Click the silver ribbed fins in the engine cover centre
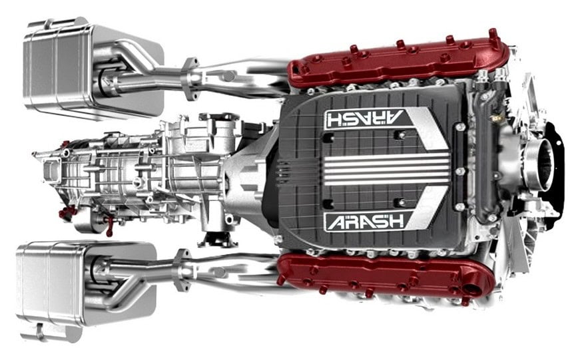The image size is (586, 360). point(386,170)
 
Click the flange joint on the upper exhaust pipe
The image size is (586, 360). point(190,79)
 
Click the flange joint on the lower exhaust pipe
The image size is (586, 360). point(182,270)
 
